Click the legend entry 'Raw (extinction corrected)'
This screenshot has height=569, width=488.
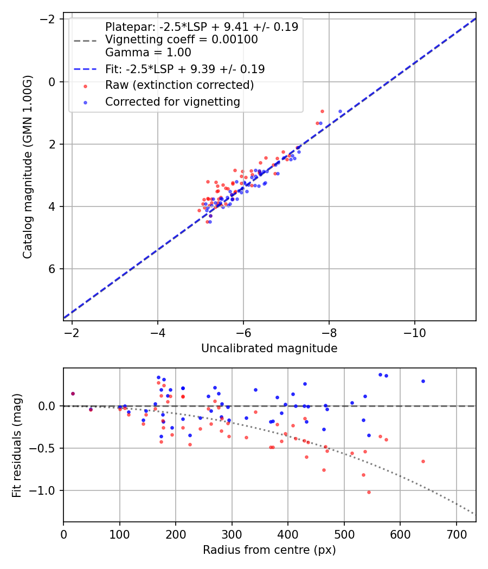(x=179, y=85)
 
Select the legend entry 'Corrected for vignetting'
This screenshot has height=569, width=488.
(x=172, y=101)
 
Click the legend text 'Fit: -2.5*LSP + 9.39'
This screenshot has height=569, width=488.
(x=185, y=69)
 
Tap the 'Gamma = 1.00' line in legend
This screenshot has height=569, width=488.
(x=148, y=53)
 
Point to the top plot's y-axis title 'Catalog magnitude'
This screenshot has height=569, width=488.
(x=28, y=167)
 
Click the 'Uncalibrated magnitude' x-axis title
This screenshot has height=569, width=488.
(x=269, y=348)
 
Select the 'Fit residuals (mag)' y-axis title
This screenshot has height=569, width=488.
(x=17, y=445)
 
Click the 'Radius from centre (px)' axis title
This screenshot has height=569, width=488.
(x=269, y=550)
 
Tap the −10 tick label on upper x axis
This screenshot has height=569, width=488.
(x=414, y=332)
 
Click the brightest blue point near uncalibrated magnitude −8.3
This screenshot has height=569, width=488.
(x=340, y=112)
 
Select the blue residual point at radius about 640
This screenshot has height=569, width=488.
(x=423, y=381)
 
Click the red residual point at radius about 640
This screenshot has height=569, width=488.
(x=423, y=461)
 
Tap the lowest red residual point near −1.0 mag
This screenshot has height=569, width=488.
(x=369, y=492)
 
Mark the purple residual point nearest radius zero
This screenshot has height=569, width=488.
(x=73, y=393)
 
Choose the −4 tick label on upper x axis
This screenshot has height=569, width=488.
(x=158, y=332)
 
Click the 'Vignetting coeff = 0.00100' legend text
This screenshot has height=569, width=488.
(x=181, y=40)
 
